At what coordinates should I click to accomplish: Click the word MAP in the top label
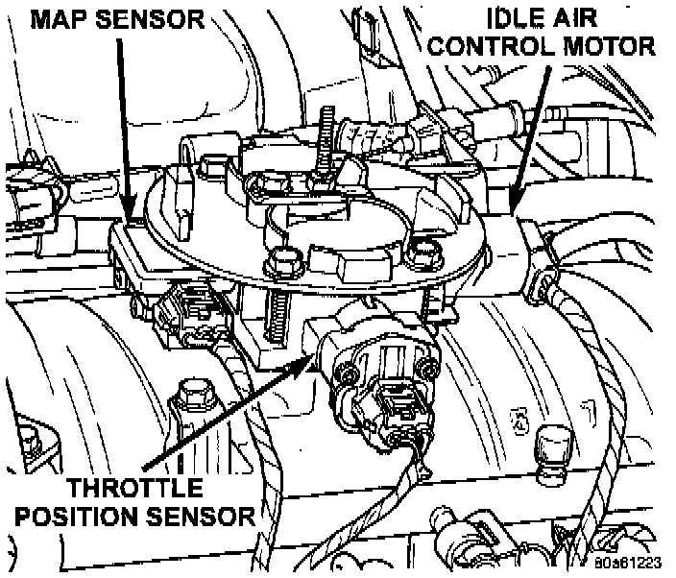pos(54,17)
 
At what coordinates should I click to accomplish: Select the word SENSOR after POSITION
pos(208,516)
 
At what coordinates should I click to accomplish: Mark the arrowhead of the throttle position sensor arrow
pos(312,358)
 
